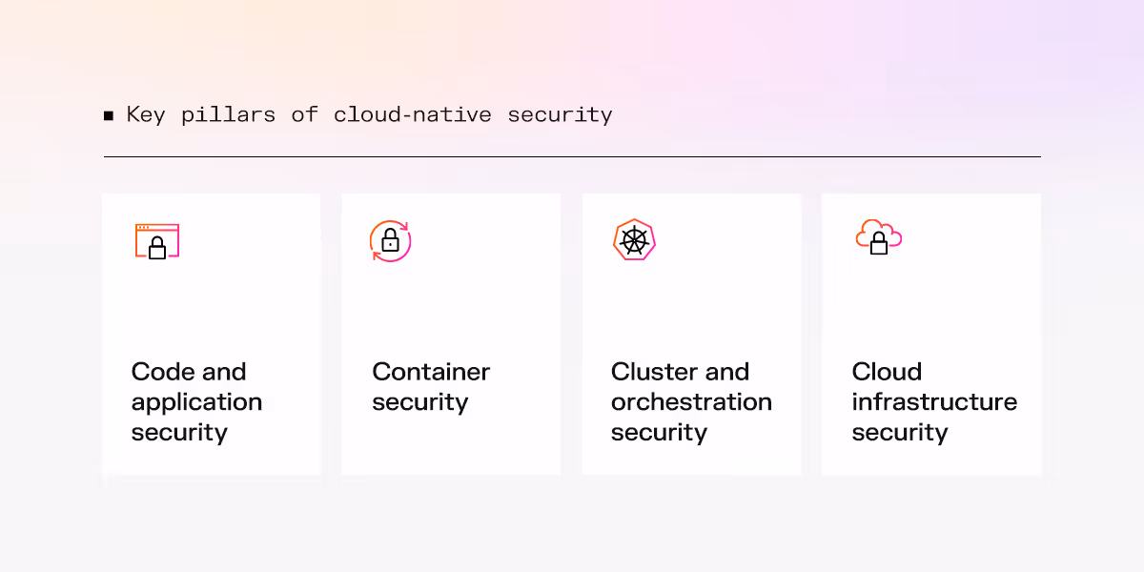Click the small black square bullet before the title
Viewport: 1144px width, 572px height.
(109, 116)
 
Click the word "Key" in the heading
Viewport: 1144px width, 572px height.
(146, 115)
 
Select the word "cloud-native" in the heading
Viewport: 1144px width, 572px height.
(412, 115)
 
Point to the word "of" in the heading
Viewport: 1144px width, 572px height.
(304, 115)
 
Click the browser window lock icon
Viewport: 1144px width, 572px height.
(156, 242)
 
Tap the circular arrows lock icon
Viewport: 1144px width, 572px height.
(390, 240)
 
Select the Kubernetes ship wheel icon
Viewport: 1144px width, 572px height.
(633, 240)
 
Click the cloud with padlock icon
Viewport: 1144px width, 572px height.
(878, 237)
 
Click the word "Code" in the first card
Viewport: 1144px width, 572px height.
(162, 372)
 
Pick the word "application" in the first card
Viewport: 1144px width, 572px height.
(196, 402)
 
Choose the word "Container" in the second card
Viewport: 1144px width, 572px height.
(431, 372)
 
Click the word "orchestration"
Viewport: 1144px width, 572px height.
(691, 402)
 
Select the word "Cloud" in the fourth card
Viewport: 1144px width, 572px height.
(887, 372)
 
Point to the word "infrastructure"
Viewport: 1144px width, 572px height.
(934, 402)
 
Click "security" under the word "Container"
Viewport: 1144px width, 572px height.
(419, 402)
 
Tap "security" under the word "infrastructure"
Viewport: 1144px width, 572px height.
(900, 433)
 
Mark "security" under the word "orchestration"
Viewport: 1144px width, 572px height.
(659, 433)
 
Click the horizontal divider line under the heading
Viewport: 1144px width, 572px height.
(572, 156)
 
